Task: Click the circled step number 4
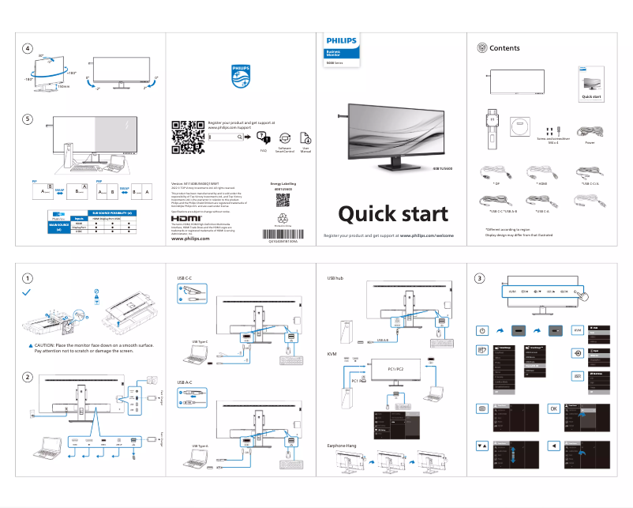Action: coord(28,49)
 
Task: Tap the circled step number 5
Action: coord(28,119)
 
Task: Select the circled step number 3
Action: coord(480,278)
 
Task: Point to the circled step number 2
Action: coord(28,378)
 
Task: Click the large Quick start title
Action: coord(393,213)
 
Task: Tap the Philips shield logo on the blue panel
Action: coord(240,77)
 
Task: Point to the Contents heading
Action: coord(505,48)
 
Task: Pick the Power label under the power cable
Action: coord(590,144)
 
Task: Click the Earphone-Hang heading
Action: coord(342,446)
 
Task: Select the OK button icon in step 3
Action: coord(553,408)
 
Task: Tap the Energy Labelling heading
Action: coord(285,183)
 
